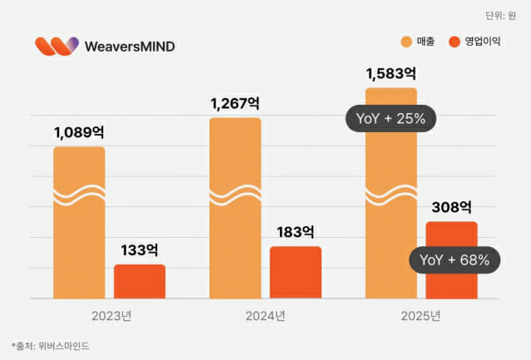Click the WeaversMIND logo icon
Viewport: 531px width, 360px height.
pos(57,46)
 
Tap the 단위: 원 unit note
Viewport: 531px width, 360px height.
pos(500,15)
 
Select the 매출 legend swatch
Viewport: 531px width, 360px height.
pos(406,42)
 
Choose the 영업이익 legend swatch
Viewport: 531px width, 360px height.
pos(455,42)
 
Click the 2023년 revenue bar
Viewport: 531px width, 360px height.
pos(79,224)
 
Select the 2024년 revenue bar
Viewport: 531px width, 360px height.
pos(235,208)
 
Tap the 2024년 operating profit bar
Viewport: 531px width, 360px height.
pos(295,272)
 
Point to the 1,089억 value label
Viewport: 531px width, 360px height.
pos(80,132)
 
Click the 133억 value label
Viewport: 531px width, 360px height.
pos(140,249)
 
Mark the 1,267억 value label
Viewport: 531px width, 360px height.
pos(235,103)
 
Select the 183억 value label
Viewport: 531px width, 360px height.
pos(296,231)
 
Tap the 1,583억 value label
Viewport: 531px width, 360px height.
pos(391,72)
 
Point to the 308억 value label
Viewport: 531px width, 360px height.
pos(451,206)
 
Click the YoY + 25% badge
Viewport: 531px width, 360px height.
pos(391,118)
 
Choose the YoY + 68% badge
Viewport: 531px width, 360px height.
pos(455,259)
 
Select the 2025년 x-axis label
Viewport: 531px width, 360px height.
pos(421,316)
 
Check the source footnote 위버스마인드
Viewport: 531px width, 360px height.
pos(50,345)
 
